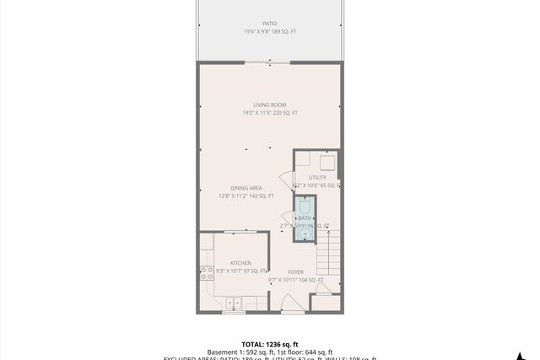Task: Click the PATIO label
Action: coord(270,24)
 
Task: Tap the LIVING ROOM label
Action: coord(270,105)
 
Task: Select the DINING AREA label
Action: coord(246,187)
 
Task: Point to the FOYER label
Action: coord(295,271)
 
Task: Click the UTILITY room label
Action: coord(317,177)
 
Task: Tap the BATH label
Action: coord(304,218)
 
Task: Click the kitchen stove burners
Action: coord(205,273)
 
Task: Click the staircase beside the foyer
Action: coord(329,261)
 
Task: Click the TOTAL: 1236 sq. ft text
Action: coord(270,344)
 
